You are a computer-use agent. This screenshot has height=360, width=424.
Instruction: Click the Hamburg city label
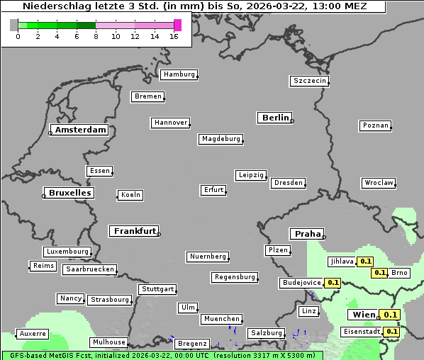178,74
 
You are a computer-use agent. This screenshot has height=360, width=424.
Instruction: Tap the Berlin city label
275,118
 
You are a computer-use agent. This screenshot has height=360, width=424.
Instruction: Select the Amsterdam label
80,130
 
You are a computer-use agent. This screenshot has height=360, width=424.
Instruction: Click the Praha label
308,234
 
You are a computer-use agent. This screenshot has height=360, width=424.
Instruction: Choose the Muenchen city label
222,320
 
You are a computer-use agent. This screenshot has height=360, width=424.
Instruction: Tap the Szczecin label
309,81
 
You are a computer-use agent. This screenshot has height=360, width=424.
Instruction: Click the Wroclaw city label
379,183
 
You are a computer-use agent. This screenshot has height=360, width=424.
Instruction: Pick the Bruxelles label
69,193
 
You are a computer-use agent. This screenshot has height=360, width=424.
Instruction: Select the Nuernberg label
208,257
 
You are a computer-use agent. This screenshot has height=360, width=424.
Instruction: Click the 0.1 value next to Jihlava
366,261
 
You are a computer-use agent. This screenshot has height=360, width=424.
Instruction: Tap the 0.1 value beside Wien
390,315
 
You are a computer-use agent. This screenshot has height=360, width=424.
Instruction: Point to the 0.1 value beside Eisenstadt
391,331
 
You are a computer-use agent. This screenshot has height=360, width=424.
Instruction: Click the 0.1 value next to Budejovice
333,283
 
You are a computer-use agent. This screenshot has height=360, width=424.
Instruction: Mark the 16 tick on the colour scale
174,36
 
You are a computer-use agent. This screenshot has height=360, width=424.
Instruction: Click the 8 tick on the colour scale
96,36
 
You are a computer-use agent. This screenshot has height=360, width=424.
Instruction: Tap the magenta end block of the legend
177,26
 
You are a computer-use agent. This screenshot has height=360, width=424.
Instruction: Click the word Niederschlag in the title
52,6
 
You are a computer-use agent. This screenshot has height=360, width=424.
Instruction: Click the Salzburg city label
266,333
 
